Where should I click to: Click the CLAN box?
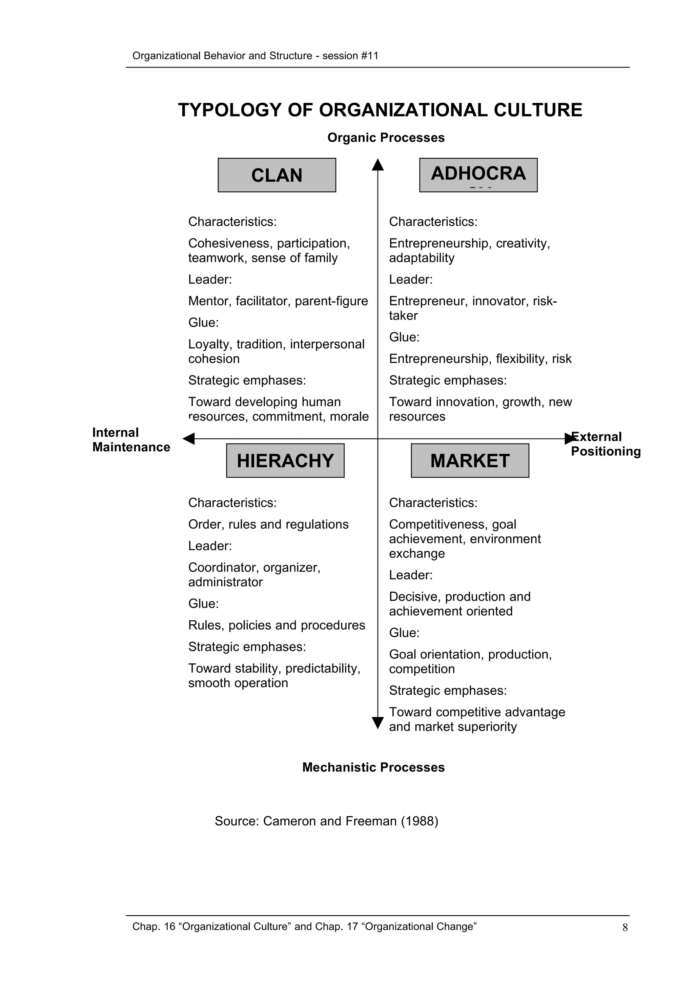click(x=277, y=175)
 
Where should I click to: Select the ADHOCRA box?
click(x=478, y=175)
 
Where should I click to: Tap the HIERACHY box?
click(x=285, y=460)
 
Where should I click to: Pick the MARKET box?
click(x=470, y=460)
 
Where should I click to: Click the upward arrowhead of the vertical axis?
click(x=377, y=165)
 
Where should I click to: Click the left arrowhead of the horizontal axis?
click(x=188, y=438)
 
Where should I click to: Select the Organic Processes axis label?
click(x=386, y=138)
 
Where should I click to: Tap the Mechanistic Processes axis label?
click(x=373, y=767)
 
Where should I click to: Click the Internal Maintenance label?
click(x=131, y=440)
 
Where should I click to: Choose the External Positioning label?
click(x=606, y=444)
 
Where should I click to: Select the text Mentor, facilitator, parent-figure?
click(x=278, y=301)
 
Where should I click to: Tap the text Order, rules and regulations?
click(x=268, y=524)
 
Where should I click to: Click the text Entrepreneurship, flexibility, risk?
click(x=480, y=359)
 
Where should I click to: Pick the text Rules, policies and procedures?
click(x=276, y=625)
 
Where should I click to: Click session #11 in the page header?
click(x=350, y=56)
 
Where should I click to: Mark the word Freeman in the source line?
click(x=371, y=821)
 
